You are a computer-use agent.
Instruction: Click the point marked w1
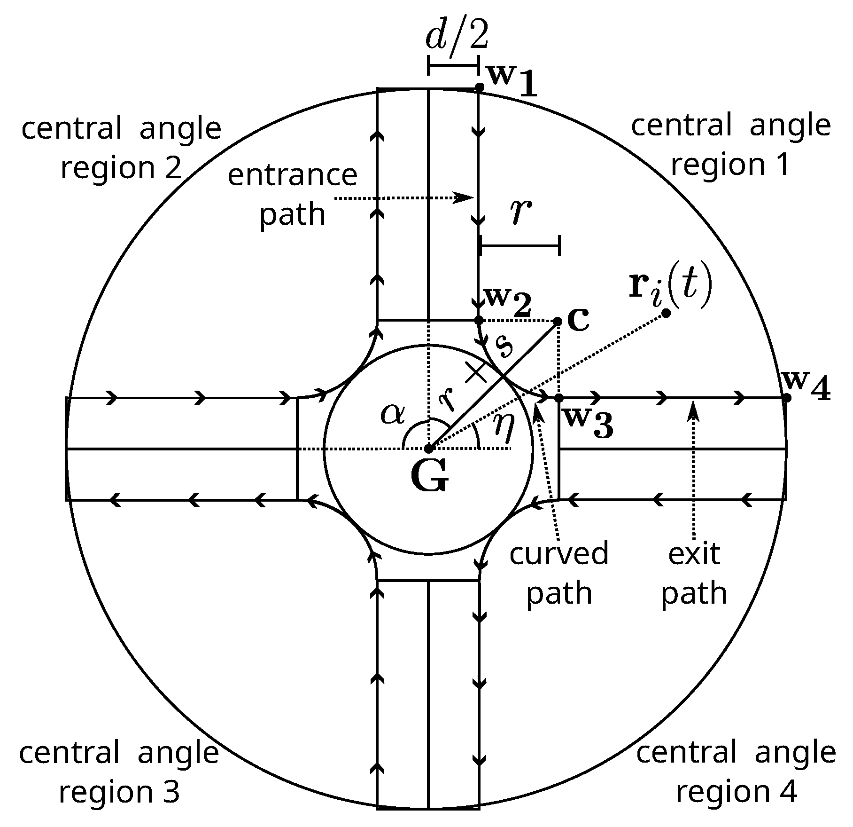(x=479, y=87)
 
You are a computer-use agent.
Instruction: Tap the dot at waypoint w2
(x=479, y=321)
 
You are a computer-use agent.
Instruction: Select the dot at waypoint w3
(x=558, y=398)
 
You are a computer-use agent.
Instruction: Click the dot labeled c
(x=558, y=322)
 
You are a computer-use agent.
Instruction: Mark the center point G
(x=428, y=449)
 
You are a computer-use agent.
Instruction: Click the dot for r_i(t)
(x=666, y=313)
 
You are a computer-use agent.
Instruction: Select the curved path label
(x=559, y=573)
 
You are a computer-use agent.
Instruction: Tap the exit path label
(x=694, y=573)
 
